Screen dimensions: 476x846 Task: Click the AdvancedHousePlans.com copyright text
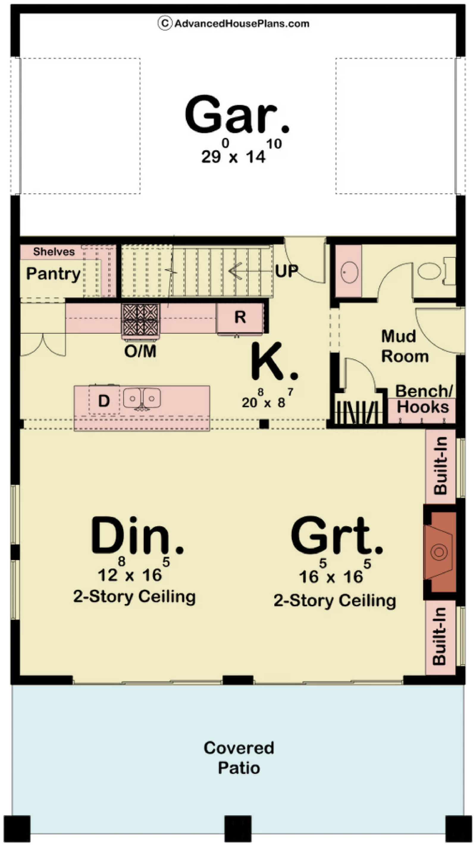coord(234,23)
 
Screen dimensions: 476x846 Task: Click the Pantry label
coord(53,274)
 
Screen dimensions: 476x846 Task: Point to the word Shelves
coord(54,252)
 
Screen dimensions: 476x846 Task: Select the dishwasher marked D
coord(104,400)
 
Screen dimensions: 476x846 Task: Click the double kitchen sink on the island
coord(142,398)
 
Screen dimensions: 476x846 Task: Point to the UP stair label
coord(286,271)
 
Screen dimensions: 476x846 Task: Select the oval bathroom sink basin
coord(349,272)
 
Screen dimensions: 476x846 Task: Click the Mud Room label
coord(405,346)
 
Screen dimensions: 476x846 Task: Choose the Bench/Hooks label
coord(423,399)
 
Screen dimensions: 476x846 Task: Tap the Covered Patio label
coord(239,758)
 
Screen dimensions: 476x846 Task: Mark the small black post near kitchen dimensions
coord(264,424)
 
